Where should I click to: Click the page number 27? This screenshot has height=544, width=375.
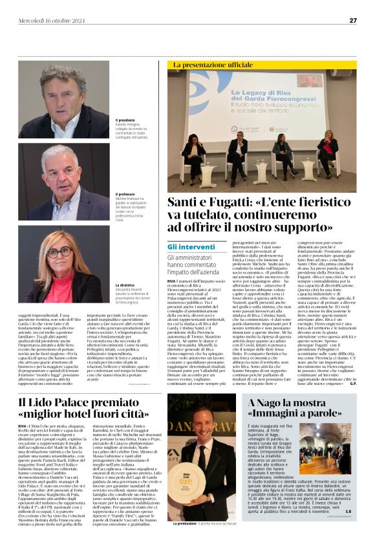(353, 20)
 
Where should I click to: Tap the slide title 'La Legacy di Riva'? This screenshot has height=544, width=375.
(233, 92)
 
